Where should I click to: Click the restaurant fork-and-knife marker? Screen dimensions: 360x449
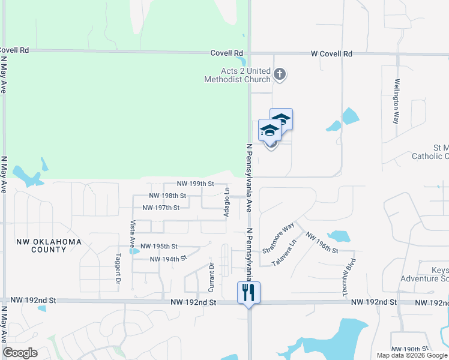pyautogui.click(x=249, y=292)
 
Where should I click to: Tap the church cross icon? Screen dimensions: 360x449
pyautogui.click(x=279, y=74)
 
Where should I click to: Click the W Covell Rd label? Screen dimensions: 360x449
pyautogui.click(x=331, y=54)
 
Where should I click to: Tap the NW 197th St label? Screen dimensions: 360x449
pyautogui.click(x=161, y=208)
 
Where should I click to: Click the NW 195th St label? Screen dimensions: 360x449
pyautogui.click(x=158, y=246)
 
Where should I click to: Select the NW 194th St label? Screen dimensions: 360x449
pyautogui.click(x=168, y=259)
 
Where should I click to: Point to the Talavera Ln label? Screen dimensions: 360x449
pyautogui.click(x=285, y=254)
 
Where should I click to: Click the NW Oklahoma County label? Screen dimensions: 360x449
pyautogui.click(x=49, y=247)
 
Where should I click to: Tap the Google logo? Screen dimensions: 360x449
pyautogui.click(x=21, y=353)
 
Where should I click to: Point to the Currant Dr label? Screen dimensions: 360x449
pyautogui.click(x=211, y=274)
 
